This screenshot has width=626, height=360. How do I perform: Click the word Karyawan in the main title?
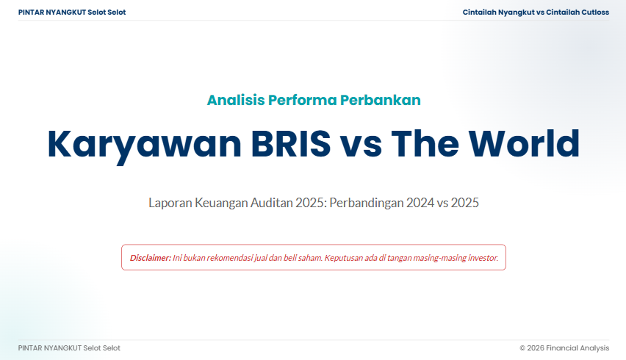click(x=145, y=145)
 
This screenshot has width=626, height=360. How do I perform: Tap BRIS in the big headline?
click(x=291, y=144)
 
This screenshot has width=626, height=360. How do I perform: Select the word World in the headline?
click(x=524, y=143)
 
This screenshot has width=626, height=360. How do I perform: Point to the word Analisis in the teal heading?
click(x=236, y=100)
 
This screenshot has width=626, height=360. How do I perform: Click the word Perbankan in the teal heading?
click(x=380, y=100)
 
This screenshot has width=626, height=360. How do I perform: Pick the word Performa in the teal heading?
click(x=302, y=100)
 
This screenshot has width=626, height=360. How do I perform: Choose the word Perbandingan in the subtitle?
click(x=366, y=204)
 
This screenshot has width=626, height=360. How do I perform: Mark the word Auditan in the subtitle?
click(x=271, y=203)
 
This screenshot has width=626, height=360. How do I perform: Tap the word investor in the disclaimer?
click(x=483, y=258)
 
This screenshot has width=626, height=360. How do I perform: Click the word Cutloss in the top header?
click(x=595, y=12)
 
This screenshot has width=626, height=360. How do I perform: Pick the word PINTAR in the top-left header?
click(x=31, y=12)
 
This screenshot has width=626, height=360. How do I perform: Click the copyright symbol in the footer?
click(x=522, y=348)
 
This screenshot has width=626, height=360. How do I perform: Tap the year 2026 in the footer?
click(x=536, y=348)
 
